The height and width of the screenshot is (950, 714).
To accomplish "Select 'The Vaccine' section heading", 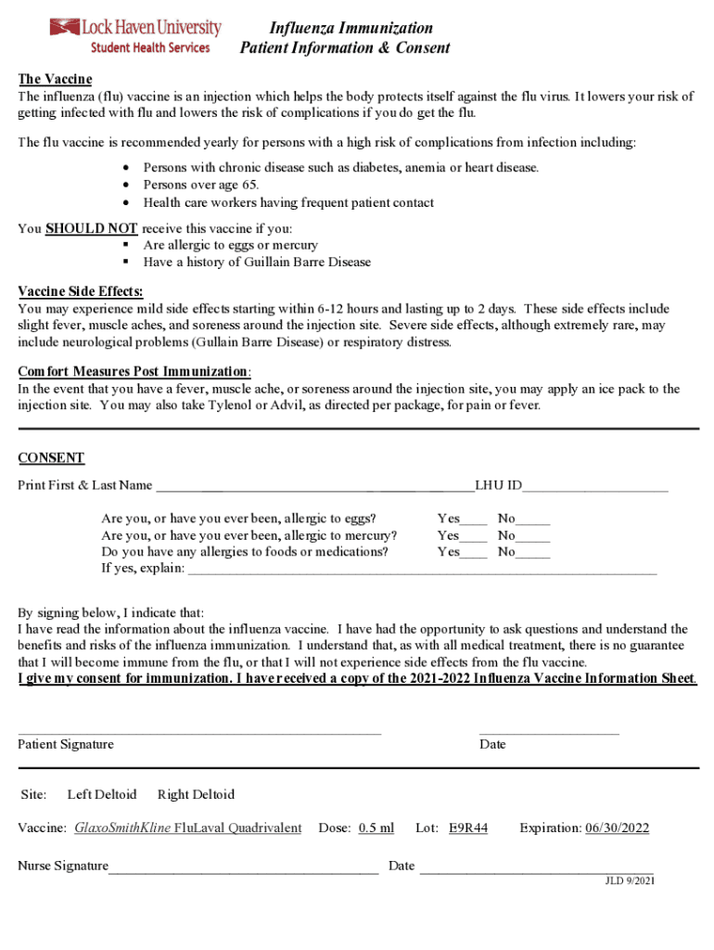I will [x=55, y=80].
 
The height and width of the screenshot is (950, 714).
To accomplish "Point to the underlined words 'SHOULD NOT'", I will [x=91, y=228].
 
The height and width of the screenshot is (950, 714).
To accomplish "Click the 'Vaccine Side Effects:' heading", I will [x=81, y=291].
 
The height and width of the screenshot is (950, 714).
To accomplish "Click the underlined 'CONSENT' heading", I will [x=51, y=457].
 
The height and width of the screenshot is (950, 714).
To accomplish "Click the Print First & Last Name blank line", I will [x=313, y=487].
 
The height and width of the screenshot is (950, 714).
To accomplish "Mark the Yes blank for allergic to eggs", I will [x=474, y=521].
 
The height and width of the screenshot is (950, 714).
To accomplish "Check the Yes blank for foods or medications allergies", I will [x=474, y=555].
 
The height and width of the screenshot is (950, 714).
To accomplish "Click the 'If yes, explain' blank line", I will [x=422, y=571].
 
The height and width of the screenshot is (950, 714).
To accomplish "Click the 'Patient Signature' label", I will [x=66, y=744].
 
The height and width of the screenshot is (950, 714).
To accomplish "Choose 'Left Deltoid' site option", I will [x=102, y=794].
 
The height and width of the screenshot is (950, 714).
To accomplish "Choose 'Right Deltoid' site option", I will [x=196, y=794].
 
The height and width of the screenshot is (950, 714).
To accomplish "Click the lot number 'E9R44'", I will [x=468, y=828].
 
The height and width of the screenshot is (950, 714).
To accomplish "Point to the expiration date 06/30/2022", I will [x=617, y=828].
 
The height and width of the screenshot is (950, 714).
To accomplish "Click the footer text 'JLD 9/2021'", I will [x=630, y=881].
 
